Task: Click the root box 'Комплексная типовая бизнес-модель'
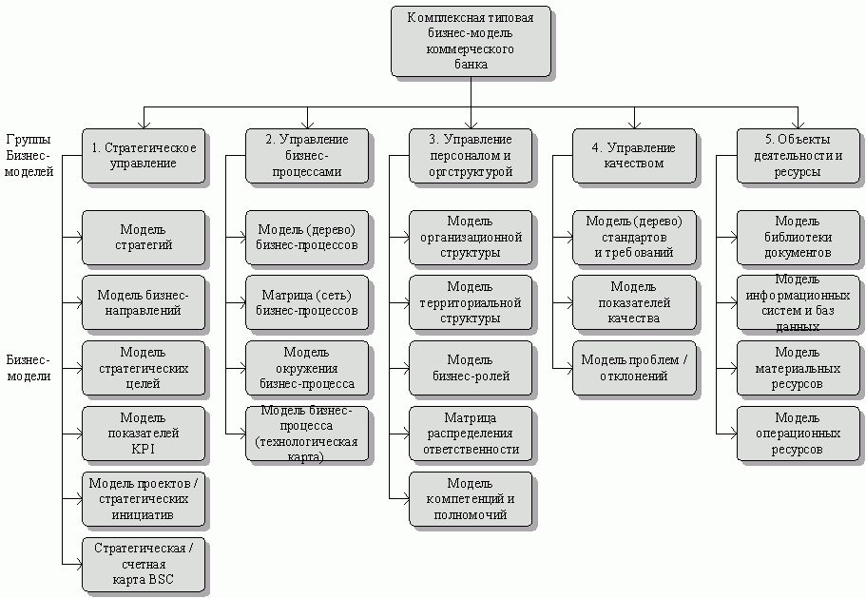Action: pos(470,42)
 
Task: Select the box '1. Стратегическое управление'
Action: pos(144,155)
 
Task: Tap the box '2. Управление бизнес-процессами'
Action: pos(307,155)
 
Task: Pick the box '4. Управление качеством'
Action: pos(634,155)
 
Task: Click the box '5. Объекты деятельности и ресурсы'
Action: pos(798,155)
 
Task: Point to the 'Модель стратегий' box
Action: pos(144,237)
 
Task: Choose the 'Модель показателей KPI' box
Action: pos(144,434)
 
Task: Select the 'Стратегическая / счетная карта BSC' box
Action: pos(144,565)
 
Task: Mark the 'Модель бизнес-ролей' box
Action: pos(471,368)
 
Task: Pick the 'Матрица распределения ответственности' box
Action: pos(471,434)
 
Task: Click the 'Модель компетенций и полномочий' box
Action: pos(471,499)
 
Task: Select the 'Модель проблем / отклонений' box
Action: pos(634,368)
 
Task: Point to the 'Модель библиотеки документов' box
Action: pos(798,237)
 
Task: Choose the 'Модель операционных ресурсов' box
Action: pos(798,434)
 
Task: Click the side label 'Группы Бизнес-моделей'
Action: pos(29,155)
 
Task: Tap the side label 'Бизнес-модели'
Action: pos(28,368)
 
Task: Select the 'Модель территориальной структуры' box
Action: pos(471,302)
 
